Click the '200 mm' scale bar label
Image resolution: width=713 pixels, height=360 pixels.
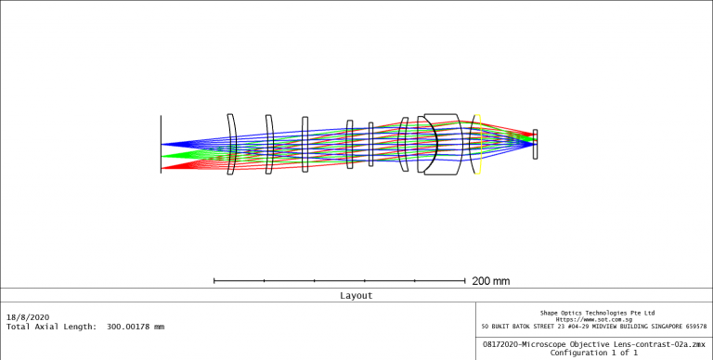click(x=491, y=280)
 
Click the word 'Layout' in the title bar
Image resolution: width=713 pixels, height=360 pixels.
click(x=356, y=296)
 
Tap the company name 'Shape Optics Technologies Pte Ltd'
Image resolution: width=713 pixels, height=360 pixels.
click(x=597, y=313)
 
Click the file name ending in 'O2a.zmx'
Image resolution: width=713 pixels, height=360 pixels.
click(x=593, y=344)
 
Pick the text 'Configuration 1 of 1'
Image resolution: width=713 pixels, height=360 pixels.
click(x=593, y=353)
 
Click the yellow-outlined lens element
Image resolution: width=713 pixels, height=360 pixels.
click(x=477, y=144)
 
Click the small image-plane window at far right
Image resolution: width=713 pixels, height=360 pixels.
click(x=535, y=144)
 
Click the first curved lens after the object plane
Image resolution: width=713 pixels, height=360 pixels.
click(x=232, y=144)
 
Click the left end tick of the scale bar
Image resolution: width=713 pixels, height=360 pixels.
click(x=214, y=279)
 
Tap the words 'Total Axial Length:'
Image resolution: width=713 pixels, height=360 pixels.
click(x=50, y=327)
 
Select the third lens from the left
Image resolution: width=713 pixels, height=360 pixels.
click(x=305, y=144)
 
